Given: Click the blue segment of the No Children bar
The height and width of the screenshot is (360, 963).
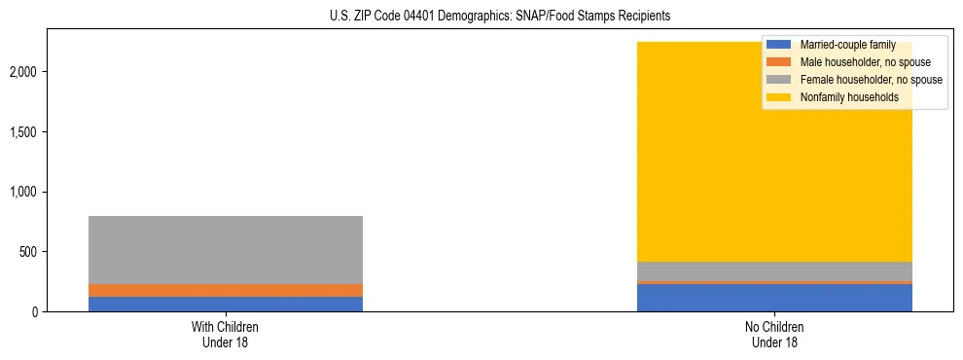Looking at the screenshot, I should tap(774, 298).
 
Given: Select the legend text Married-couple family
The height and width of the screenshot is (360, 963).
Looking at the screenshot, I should tap(847, 46).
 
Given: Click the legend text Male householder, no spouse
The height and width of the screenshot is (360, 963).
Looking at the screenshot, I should tap(865, 63).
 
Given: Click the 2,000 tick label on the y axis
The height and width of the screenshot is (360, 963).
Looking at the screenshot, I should tap(24, 72).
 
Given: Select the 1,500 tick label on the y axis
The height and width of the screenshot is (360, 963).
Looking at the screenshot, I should tap(24, 132).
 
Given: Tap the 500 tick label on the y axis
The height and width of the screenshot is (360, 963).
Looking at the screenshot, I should tap(30, 252).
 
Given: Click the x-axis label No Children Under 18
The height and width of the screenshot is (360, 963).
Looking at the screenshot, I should tap(774, 334).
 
